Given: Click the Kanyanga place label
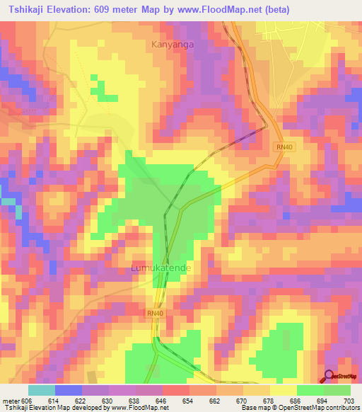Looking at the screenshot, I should tap(173, 45).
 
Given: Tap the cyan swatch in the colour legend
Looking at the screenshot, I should tap(42, 390).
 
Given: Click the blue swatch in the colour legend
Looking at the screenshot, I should tap(69, 390).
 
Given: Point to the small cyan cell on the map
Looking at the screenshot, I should tap(9, 202).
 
